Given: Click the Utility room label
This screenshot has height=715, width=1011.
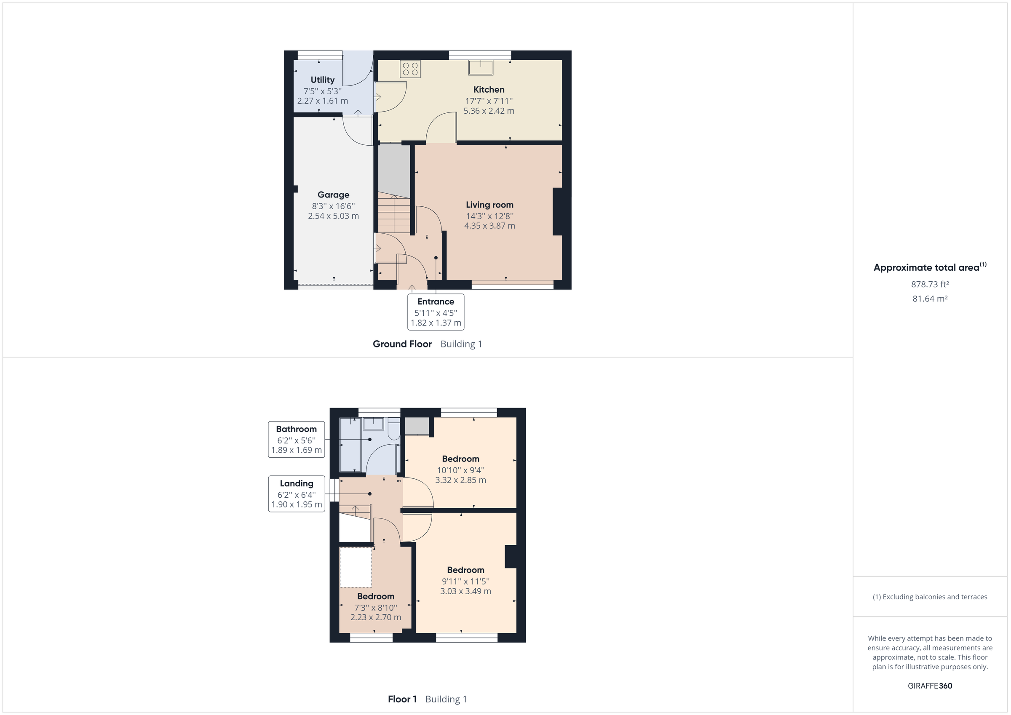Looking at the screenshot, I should coord(322,80).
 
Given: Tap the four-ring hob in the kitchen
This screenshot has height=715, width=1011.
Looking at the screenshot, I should coord(410,69).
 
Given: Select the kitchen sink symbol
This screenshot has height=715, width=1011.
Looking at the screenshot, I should coord(480,67).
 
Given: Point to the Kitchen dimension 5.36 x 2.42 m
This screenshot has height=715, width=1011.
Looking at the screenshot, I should coord(489,111).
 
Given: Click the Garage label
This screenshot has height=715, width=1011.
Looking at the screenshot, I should coord(333,195).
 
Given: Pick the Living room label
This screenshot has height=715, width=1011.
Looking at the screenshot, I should coord(489,205).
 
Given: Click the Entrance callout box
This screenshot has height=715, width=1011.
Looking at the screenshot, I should coord(436,312).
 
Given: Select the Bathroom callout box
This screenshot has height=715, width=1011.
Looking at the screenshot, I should coord(296,439).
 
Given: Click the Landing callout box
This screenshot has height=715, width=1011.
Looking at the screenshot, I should coord(296,494).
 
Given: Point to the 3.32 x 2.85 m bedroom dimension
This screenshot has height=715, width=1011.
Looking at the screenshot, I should coord(460,480).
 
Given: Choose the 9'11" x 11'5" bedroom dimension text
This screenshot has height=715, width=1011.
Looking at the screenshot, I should coord(465,581).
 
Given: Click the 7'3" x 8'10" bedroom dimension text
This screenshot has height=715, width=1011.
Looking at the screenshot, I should coord(376,608).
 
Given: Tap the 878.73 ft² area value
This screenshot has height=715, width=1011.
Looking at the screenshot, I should coord(930,284).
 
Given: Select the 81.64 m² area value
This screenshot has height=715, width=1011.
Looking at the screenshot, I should coord(930,299).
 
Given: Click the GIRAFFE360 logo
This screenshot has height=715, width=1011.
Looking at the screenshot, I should coord(930,686).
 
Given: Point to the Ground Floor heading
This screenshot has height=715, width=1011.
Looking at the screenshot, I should coord(402,344).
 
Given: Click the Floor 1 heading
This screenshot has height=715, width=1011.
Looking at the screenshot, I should coord(402,699).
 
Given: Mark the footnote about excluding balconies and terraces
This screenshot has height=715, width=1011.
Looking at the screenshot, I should coord(930,597).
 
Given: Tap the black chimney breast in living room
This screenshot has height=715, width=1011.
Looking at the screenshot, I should coord(557,212).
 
